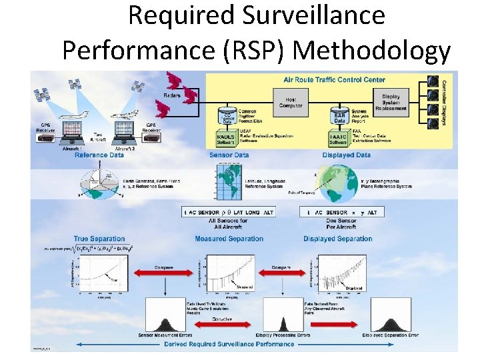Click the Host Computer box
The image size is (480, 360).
[291, 102]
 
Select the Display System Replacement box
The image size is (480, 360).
[391, 102]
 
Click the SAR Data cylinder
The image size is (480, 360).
[339, 117]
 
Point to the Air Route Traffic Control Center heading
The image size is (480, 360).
[335, 80]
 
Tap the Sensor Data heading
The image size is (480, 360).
[229, 155]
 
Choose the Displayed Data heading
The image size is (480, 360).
[347, 155]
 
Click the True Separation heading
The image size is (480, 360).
[99, 239]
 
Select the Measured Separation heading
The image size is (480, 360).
[229, 239]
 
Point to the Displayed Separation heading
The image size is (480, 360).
[337, 239]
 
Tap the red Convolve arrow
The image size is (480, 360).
[227, 322]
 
